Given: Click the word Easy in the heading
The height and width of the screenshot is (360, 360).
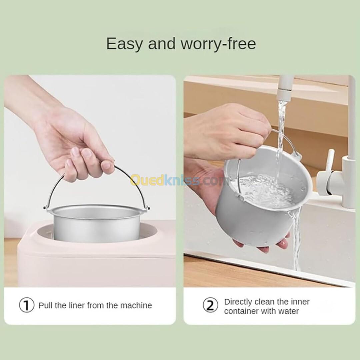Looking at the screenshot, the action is [x=124, y=44].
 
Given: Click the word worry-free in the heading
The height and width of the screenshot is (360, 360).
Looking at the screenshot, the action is [x=218, y=44].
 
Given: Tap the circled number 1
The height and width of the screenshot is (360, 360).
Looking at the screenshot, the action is [x=27, y=305].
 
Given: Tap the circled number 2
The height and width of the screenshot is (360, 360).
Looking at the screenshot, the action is [x=210, y=305].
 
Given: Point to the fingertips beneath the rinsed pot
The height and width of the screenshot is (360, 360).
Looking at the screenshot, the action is [x=262, y=243].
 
